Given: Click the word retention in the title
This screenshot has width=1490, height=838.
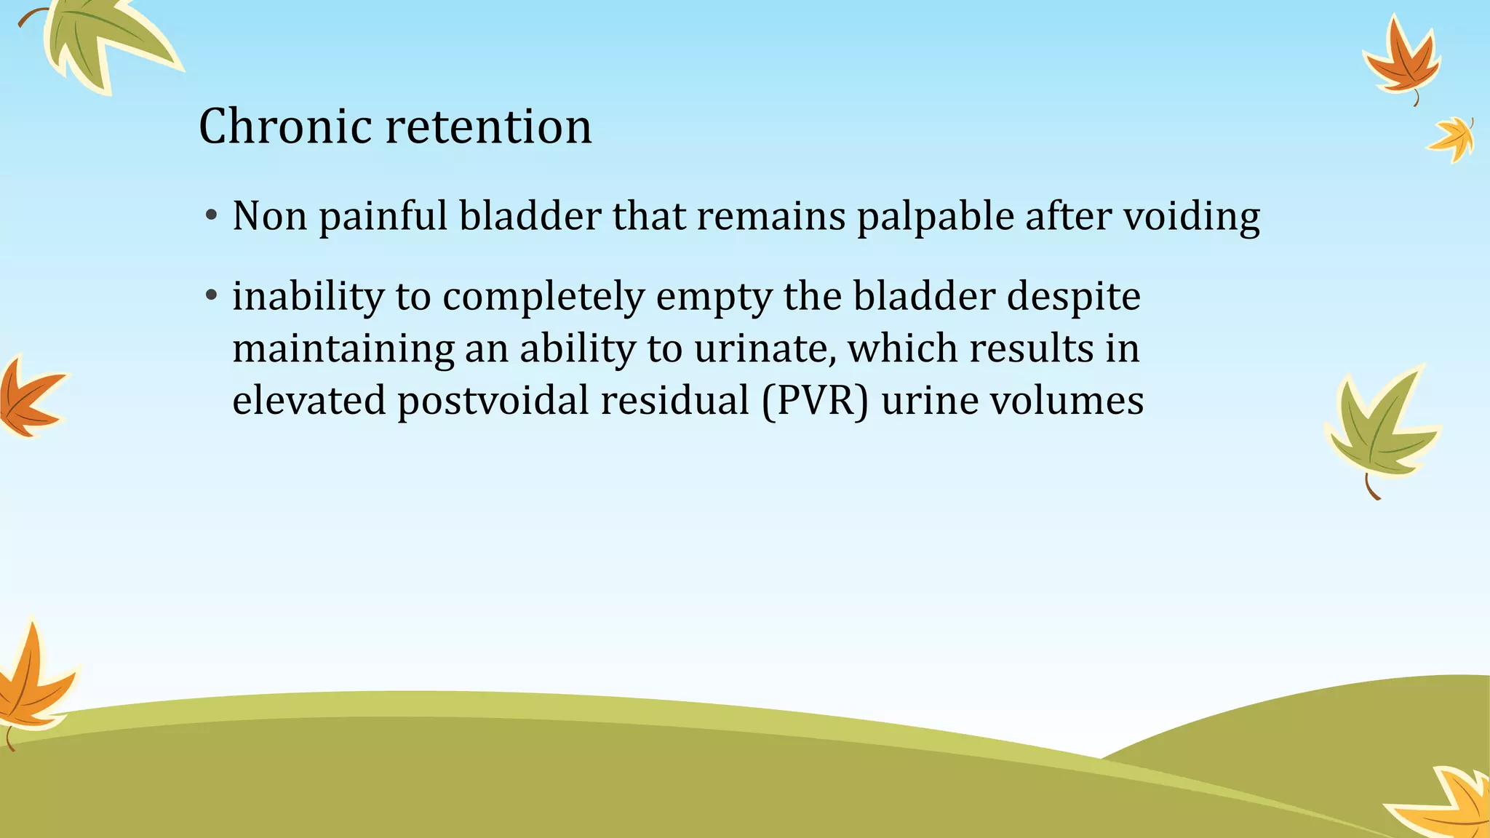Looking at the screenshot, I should [488, 127].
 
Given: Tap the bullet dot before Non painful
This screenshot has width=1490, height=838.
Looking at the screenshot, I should [211, 215].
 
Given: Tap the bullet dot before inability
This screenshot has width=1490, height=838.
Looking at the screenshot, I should [211, 295].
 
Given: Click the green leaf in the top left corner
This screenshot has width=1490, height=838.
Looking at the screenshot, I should [102, 40].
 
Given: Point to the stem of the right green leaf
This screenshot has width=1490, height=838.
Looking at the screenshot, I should [1371, 487].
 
